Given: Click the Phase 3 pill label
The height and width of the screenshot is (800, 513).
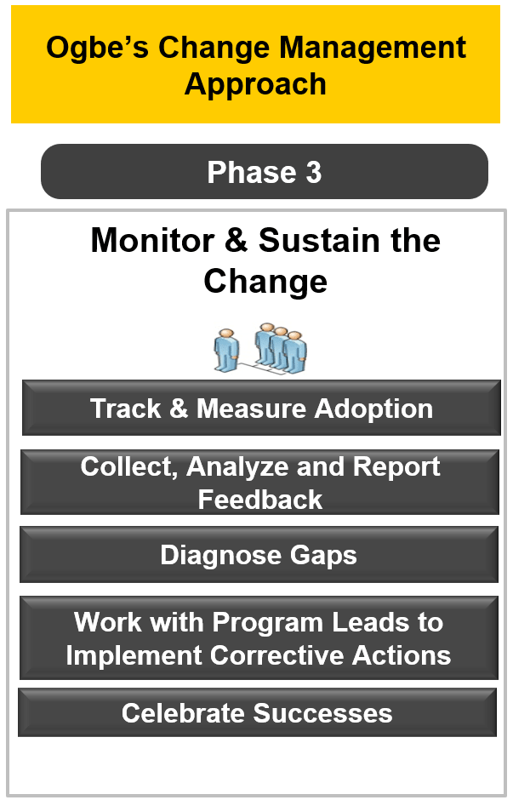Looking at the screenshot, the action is [264, 171].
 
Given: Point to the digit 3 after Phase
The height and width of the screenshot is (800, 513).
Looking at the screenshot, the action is [314, 173].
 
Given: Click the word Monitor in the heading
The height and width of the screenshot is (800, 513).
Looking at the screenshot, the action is [152, 240].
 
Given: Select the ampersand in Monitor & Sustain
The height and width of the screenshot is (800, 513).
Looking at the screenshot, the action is [237, 240].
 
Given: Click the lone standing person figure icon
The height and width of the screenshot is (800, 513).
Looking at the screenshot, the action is [226, 350].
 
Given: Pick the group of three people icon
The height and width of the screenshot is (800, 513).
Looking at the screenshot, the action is [281, 347].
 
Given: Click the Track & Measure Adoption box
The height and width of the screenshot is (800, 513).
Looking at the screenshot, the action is [261, 409].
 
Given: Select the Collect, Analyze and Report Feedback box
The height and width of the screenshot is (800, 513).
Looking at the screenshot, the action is [259, 483].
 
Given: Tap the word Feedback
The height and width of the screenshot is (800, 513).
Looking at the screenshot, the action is [260, 500].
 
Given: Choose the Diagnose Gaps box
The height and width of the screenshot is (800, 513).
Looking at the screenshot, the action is [259, 555].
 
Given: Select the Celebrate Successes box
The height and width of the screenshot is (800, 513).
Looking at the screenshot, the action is [258, 712].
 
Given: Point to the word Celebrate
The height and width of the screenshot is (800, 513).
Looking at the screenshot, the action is [184, 713].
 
